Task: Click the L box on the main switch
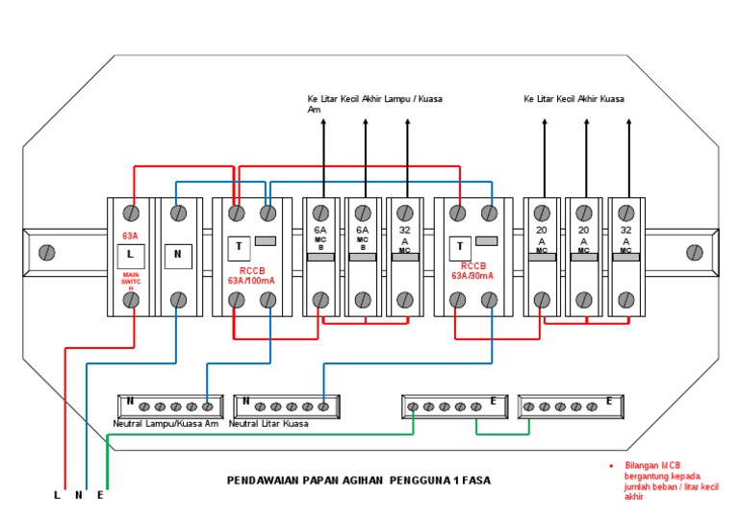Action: pyautogui.click(x=131, y=256)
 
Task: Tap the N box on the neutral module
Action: pyautogui.click(x=177, y=256)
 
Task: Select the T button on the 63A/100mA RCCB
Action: pyautogui.click(x=237, y=247)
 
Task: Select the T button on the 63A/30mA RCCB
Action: pyautogui.click(x=460, y=247)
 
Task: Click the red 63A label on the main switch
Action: pyautogui.click(x=130, y=236)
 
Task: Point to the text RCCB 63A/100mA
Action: pyautogui.click(x=252, y=276)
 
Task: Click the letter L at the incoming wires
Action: pyautogui.click(x=58, y=496)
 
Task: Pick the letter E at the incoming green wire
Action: pyautogui.click(x=100, y=496)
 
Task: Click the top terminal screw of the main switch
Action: pyautogui.click(x=132, y=211)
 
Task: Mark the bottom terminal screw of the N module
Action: pyautogui.click(x=178, y=301)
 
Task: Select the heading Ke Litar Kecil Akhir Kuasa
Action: pyautogui.click(x=574, y=99)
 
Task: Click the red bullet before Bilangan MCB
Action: pyautogui.click(x=610, y=465)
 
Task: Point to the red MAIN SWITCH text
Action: pyautogui.click(x=131, y=281)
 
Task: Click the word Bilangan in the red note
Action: pyautogui.click(x=641, y=465)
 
